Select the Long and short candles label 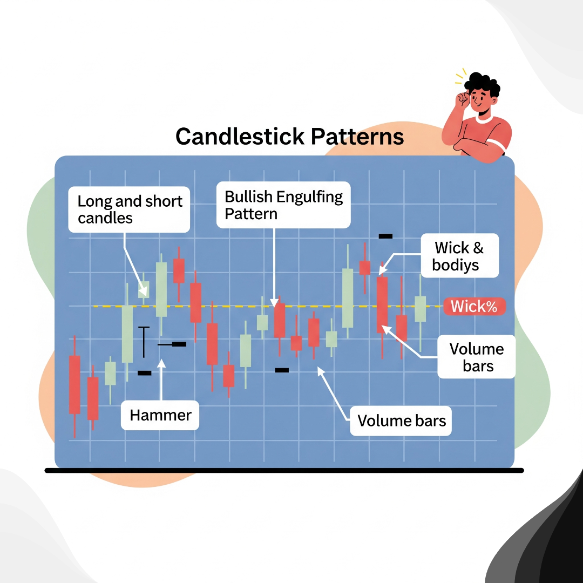point(130,209)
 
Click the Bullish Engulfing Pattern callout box point(283,205)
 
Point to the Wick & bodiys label point(459,256)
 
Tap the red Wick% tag point(474,307)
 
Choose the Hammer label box point(160,415)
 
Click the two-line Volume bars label point(477,357)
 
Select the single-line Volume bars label point(402,420)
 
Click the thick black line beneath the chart point(284,471)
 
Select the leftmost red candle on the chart point(74,384)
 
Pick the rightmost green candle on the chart point(420,309)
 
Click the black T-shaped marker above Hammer point(144,341)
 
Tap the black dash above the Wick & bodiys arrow point(385,236)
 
